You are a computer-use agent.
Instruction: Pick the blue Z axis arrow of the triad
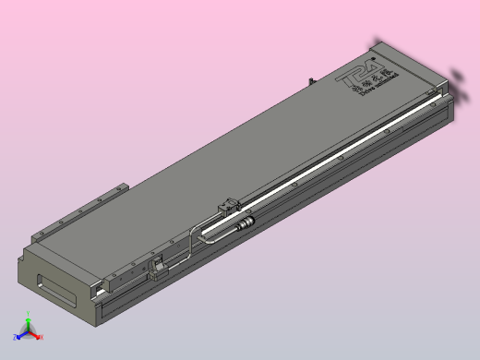click(20, 335)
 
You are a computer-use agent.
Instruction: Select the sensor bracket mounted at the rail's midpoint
click(227, 207)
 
